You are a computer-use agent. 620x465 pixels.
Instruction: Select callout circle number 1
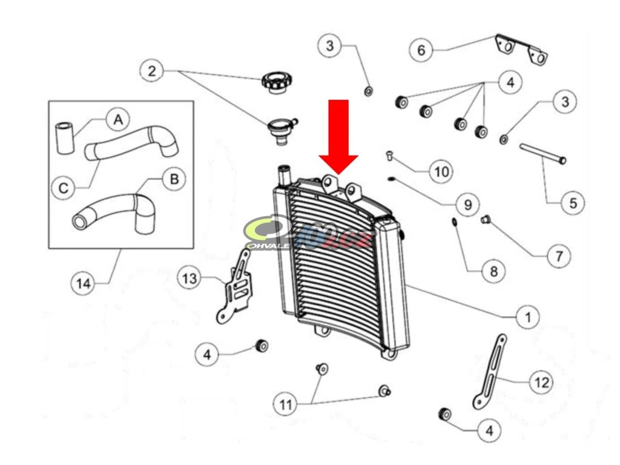(527, 315)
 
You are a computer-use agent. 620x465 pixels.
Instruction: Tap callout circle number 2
(151, 71)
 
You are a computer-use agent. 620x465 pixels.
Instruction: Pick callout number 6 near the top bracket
(421, 50)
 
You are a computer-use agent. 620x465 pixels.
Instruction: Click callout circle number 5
(573, 202)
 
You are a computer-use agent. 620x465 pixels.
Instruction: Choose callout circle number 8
(493, 271)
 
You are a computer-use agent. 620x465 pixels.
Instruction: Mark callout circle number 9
(467, 205)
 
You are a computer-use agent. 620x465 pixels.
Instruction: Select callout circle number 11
(285, 403)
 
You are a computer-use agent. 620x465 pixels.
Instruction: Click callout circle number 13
(190, 278)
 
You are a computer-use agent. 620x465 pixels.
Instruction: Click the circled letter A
(118, 119)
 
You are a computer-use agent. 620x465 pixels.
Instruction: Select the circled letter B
(174, 179)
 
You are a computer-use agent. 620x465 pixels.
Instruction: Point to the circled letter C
(64, 188)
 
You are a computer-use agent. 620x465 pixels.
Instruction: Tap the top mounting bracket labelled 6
(521, 49)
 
